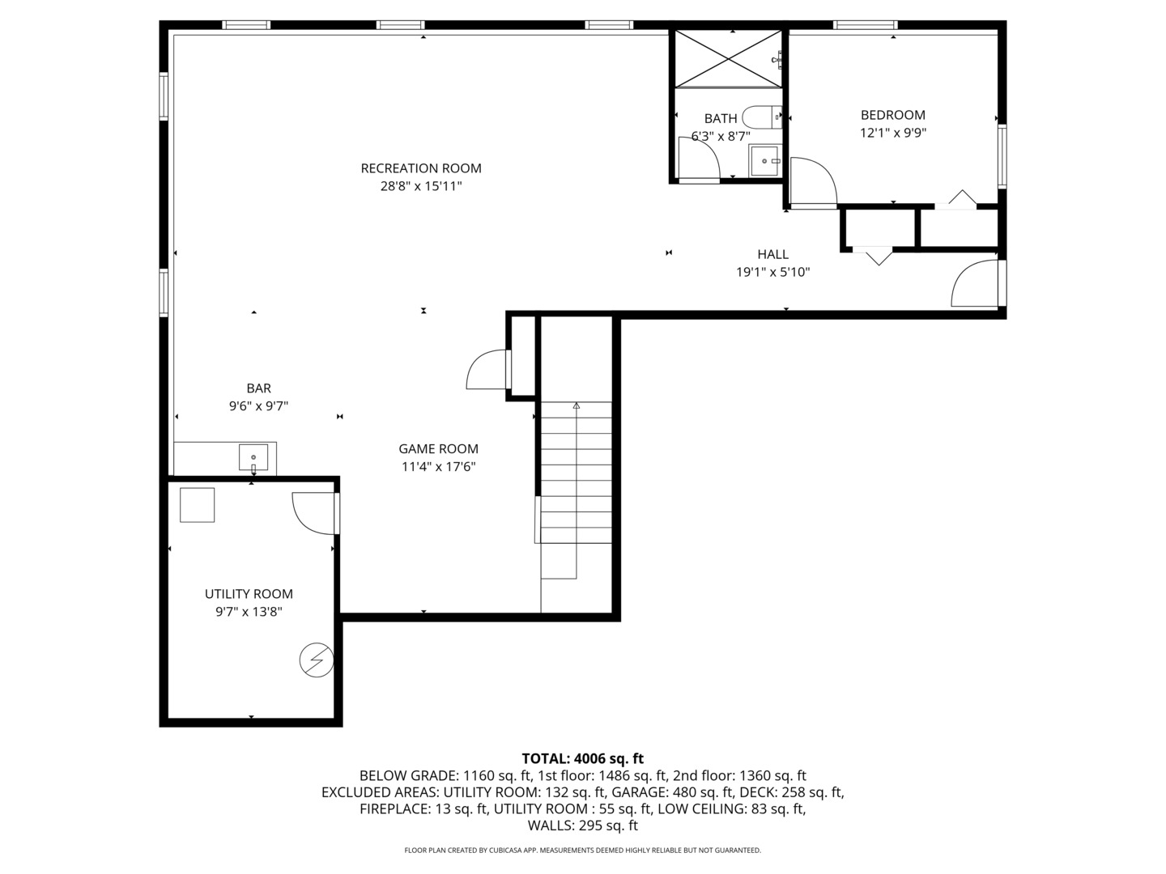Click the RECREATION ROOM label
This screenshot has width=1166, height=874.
(x=421, y=168)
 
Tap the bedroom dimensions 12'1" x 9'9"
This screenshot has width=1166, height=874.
(x=892, y=133)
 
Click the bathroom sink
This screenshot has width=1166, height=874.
(x=764, y=160)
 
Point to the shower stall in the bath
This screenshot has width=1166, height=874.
(x=729, y=58)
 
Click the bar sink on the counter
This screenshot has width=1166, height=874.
(x=253, y=458)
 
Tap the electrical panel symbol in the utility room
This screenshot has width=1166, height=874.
(x=316, y=660)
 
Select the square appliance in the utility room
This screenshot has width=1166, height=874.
(x=197, y=505)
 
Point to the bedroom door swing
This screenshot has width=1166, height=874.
(x=812, y=183)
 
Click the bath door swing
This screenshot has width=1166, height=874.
(x=699, y=159)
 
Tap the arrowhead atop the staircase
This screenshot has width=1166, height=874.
(x=577, y=405)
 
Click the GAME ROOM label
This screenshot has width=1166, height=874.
(x=438, y=449)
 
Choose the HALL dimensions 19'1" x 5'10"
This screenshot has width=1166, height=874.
(x=772, y=273)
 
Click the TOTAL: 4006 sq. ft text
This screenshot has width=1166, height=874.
(x=582, y=758)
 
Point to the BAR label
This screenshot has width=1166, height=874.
(x=258, y=388)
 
